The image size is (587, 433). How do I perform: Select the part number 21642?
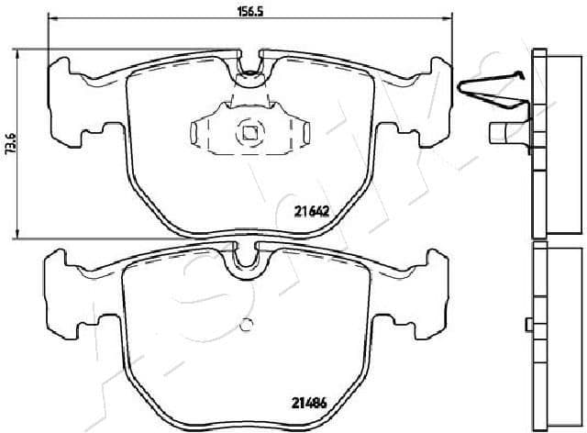[312, 210]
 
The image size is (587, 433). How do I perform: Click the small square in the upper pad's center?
[249, 131]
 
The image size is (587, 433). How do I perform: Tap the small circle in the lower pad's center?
[246, 325]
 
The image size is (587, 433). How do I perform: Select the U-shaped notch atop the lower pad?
[246, 260]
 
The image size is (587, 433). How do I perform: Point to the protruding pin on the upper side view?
[503, 133]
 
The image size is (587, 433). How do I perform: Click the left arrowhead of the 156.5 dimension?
[52, 19]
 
